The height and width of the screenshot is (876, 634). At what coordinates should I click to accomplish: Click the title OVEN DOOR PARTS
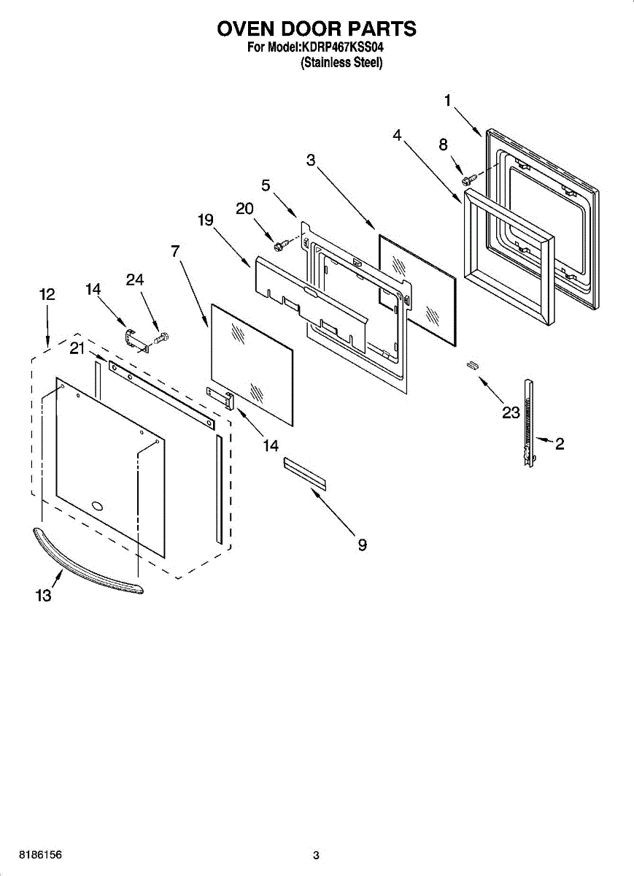click(317, 28)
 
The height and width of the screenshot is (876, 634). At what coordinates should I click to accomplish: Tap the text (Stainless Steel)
click(341, 63)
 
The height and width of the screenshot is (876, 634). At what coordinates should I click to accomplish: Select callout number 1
click(448, 101)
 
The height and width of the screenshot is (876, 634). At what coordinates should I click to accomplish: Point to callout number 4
click(397, 135)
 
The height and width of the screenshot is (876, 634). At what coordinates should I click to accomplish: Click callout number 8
click(443, 145)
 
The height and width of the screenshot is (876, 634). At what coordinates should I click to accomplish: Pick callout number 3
click(311, 161)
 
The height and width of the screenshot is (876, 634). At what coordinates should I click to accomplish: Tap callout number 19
click(205, 219)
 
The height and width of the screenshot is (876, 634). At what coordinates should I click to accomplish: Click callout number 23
click(511, 413)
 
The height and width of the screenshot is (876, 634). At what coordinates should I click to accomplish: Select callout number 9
click(362, 545)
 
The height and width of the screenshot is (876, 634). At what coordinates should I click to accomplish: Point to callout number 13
click(44, 596)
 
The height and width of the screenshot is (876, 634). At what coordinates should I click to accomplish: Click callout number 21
click(78, 349)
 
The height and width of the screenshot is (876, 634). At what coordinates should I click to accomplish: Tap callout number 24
click(135, 280)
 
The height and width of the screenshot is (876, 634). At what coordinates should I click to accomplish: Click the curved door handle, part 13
click(88, 559)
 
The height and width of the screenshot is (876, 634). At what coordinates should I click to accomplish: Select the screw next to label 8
click(468, 177)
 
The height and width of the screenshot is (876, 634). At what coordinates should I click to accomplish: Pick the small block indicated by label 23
click(472, 365)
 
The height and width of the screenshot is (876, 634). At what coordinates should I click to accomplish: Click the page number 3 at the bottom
click(316, 856)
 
